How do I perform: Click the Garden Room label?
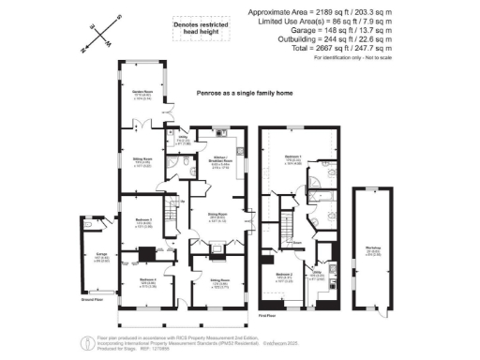click(142, 93)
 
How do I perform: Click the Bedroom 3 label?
click(143, 222)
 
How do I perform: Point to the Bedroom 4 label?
click(148, 283)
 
